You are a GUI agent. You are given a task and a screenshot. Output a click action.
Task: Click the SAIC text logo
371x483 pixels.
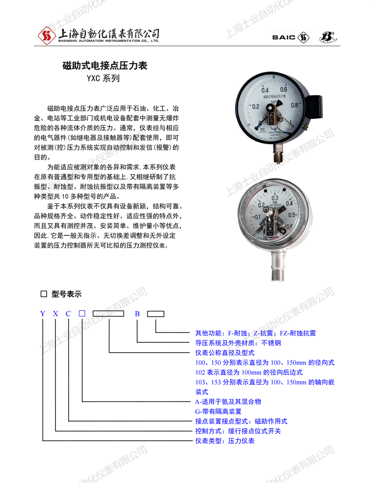[283, 37]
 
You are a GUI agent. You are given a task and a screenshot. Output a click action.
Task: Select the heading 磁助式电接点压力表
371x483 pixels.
[105, 66]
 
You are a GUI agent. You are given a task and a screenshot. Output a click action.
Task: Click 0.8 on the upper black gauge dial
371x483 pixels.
[295, 106]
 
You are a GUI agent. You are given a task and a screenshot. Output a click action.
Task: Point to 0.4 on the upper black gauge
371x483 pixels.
[265, 90]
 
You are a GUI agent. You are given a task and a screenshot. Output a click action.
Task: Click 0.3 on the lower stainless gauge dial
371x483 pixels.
[276, 198]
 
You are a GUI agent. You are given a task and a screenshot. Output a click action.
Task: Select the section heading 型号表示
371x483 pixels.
[66, 294]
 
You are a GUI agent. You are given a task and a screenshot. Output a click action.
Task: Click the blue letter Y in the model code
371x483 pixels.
[43, 313]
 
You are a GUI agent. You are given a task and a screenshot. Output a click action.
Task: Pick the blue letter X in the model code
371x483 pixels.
[55, 313]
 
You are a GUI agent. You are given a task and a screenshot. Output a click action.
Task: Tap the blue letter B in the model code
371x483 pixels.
[137, 313]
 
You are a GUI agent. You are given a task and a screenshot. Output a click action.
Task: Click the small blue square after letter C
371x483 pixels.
[82, 313]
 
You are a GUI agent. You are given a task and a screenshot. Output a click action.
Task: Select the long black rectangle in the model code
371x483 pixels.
[108, 313]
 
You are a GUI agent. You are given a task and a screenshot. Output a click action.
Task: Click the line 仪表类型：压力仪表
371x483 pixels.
[224, 441]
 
